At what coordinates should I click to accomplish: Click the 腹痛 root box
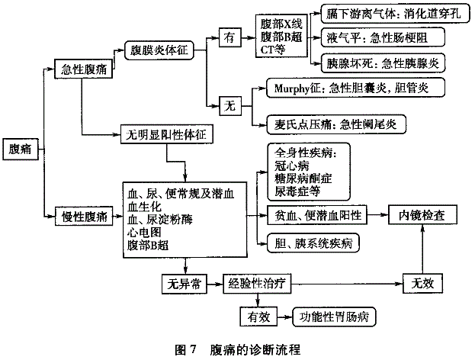click(x=21, y=149)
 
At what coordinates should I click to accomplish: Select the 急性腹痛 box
click(x=83, y=69)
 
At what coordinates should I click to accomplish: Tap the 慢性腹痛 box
click(x=84, y=216)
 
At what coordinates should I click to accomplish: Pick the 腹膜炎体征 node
click(x=159, y=50)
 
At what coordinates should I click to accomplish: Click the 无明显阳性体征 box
click(x=167, y=134)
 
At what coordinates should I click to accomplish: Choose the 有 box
click(x=230, y=37)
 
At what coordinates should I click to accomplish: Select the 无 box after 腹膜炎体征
click(x=230, y=106)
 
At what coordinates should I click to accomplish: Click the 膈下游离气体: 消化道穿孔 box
click(x=396, y=13)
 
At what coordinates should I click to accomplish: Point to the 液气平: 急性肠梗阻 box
click(x=383, y=37)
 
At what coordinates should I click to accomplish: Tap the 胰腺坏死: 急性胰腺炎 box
click(x=383, y=63)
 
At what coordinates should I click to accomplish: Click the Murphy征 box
click(x=355, y=88)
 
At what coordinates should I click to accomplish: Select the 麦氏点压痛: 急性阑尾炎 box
click(x=336, y=124)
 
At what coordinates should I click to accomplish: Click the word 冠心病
click(x=292, y=166)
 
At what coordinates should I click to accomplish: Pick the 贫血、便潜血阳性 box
click(x=317, y=215)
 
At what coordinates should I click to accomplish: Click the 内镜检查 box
click(x=422, y=215)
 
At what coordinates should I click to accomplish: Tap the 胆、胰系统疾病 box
click(x=313, y=243)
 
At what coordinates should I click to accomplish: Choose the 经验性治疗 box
click(x=257, y=284)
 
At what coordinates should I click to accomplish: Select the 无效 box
click(x=422, y=283)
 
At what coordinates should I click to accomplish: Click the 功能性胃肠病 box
click(x=334, y=317)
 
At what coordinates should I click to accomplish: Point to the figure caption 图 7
click(x=186, y=349)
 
